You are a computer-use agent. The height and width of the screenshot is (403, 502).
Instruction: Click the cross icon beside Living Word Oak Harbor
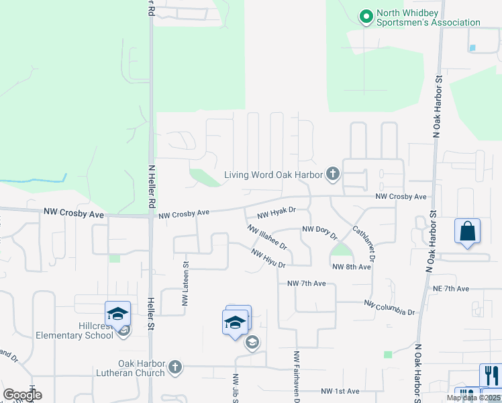pyautogui.click(x=332, y=175)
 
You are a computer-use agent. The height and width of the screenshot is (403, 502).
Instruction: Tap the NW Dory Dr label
pyautogui.click(x=319, y=230)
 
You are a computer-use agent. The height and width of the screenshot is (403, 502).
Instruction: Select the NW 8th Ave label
pyautogui.click(x=352, y=267)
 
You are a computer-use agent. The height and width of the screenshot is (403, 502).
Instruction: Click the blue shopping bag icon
pyautogui.click(x=467, y=231)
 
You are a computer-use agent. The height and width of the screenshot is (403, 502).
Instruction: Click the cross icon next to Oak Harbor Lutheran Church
pyautogui.click(x=175, y=367)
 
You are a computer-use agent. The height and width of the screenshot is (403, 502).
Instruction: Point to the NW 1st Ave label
pyautogui.click(x=340, y=391)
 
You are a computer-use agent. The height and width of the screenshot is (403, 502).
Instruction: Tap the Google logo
pyautogui.click(x=21, y=394)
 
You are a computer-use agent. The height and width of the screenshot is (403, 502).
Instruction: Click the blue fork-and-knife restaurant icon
pyautogui.click(x=491, y=375)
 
